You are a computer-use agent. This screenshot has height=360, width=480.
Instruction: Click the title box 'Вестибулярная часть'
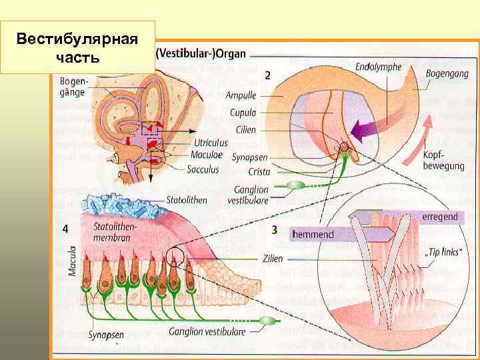click(78, 47)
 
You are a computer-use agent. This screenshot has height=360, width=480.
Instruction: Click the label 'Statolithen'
click(185, 199)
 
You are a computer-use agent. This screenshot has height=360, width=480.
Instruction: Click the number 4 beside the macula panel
click(65, 228)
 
